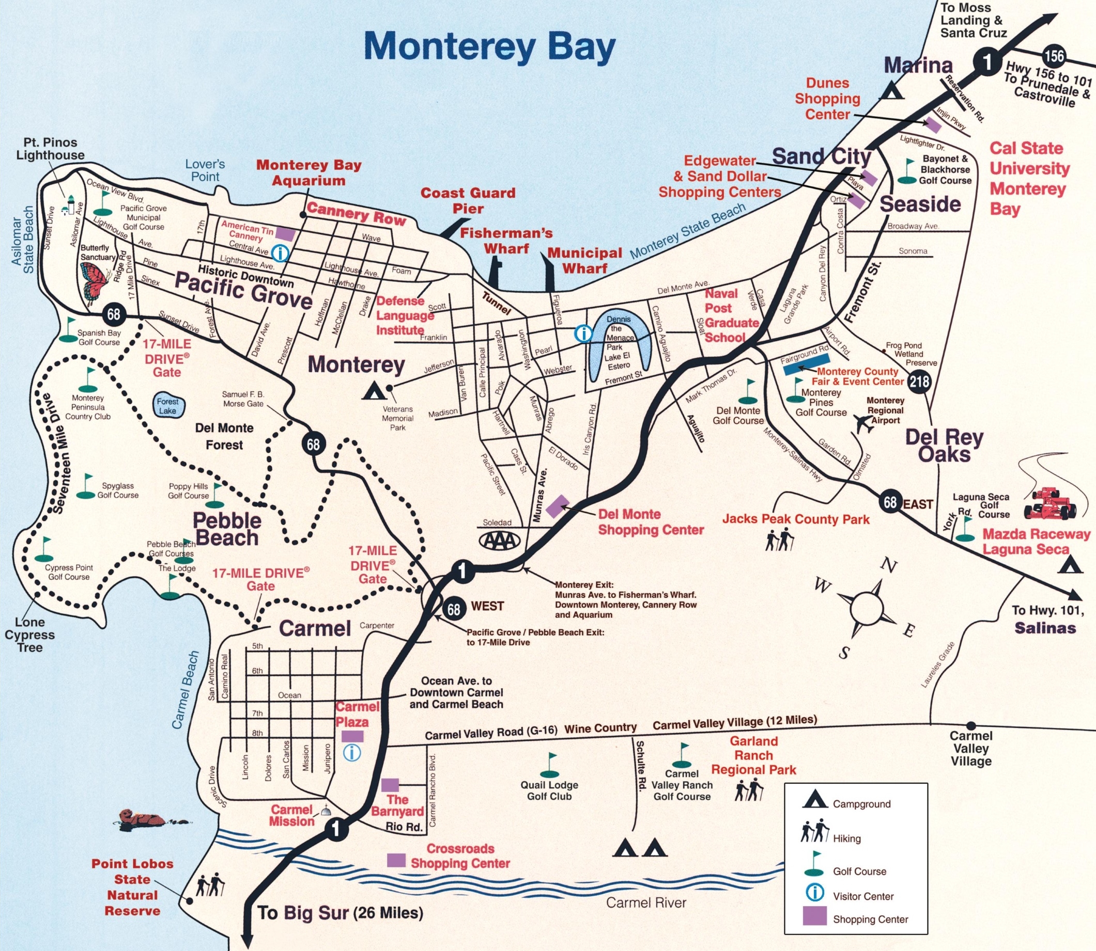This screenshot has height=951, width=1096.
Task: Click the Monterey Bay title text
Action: [x=489, y=46]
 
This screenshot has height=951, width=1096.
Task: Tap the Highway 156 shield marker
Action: [x=1054, y=56]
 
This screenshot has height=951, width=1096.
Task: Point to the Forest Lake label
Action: [x=167, y=405]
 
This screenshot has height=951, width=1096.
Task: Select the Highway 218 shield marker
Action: [x=919, y=381]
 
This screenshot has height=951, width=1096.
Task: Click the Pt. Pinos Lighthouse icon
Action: [x=69, y=204]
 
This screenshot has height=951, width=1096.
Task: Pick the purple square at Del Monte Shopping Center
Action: [x=558, y=506]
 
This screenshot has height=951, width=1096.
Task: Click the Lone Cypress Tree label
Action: [x=30, y=634]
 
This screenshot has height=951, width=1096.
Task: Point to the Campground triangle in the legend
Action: [x=814, y=801]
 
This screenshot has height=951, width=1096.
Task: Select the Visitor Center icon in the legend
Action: [x=814, y=893]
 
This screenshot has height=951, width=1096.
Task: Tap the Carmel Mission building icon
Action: [x=325, y=811]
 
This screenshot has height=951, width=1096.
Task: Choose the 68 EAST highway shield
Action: [x=890, y=502]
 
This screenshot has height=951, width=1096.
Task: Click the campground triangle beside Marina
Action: [x=892, y=91]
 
